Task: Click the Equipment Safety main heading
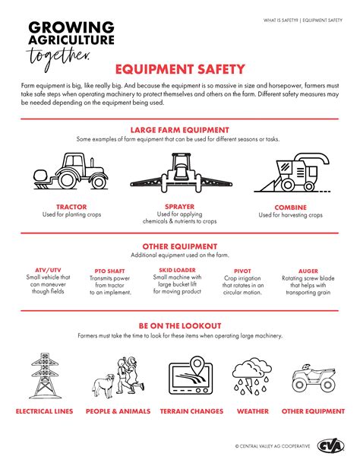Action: pos(180,69)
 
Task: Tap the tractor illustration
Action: pos(71,171)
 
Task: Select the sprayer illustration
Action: pos(181,173)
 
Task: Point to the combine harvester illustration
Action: pos(292,173)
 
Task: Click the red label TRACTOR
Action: pos(71,207)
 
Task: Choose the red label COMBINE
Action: pos(290,208)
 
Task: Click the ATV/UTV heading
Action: pos(48,270)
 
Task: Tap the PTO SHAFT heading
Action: pos(109,271)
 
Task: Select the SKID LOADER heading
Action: pos(177,270)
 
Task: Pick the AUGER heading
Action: pos(308,271)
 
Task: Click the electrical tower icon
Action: pos(45,376)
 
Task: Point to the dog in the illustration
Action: pos(103,385)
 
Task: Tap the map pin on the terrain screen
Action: pos(197,365)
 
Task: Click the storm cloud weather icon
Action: pos(252,376)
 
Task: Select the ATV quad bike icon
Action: pos(314,378)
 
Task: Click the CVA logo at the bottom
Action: pos(331,445)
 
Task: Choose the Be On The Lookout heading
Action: pos(180,325)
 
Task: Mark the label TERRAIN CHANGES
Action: pos(191,411)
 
